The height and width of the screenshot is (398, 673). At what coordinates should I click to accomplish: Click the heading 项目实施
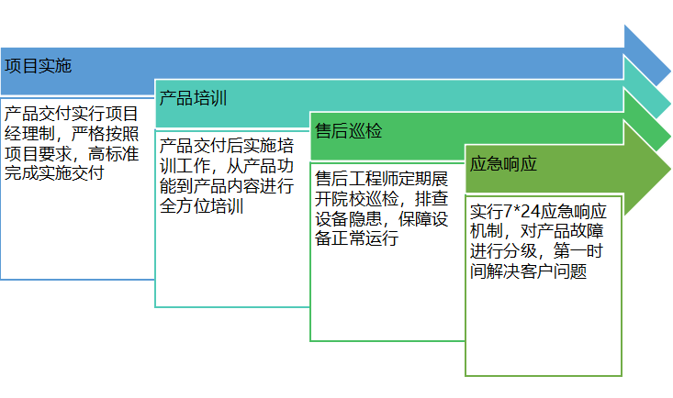38,67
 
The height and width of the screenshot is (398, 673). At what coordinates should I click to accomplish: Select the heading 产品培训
193,98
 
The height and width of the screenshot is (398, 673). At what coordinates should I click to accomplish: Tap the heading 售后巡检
348,130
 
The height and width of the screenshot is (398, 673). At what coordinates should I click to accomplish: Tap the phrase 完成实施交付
53,171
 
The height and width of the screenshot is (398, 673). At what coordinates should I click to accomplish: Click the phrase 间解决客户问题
527,271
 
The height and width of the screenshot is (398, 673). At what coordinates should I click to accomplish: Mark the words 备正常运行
356,238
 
